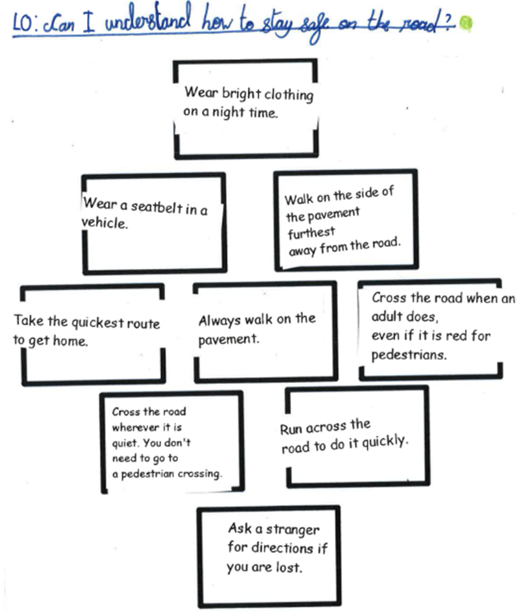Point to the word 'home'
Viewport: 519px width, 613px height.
[71, 341]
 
